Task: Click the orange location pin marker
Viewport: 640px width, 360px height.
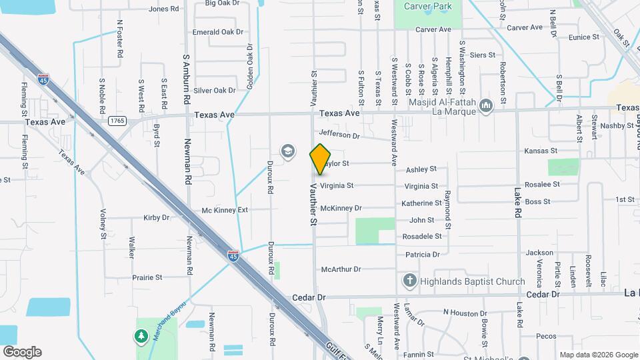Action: tap(320, 159)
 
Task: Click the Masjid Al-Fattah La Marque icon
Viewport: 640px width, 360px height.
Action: tap(485, 105)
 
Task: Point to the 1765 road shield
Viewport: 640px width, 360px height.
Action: tap(117, 121)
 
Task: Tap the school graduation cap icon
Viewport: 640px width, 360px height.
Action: tap(287, 151)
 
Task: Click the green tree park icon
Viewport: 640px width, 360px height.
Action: tap(141, 337)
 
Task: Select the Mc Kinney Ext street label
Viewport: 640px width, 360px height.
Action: tap(225, 210)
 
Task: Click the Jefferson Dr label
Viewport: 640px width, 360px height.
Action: tap(339, 135)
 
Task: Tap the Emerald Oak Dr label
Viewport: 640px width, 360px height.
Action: tap(217, 32)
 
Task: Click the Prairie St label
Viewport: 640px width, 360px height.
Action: tap(147, 277)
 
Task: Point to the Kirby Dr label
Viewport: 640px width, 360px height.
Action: tap(157, 218)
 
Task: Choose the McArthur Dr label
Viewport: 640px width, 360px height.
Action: tap(341, 269)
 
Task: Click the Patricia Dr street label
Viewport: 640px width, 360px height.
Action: tap(423, 255)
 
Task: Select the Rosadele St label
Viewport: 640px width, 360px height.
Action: tap(422, 237)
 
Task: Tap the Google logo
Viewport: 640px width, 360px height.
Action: tap(22, 351)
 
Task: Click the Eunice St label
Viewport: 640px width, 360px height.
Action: tap(584, 38)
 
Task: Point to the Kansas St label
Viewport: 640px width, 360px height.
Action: tap(540, 151)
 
